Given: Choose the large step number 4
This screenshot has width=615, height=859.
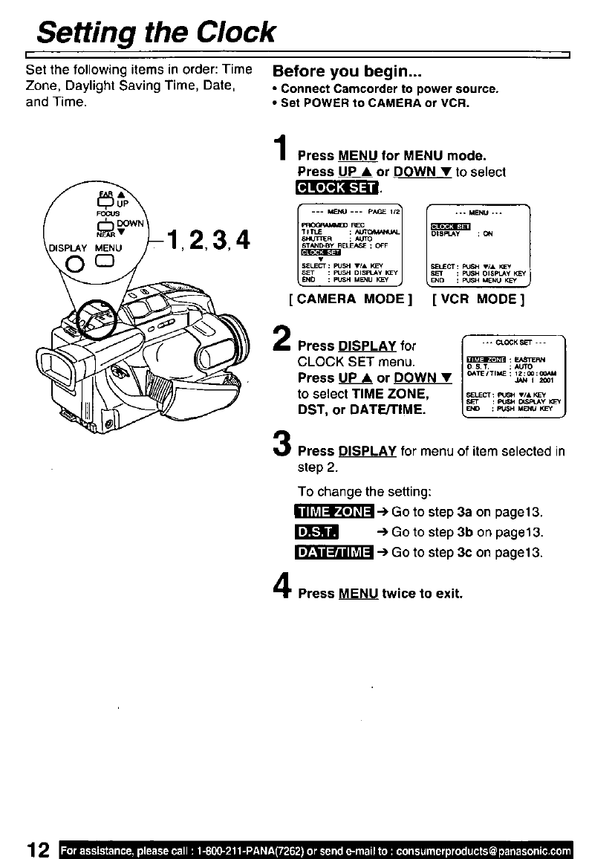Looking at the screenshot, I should (281, 587).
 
